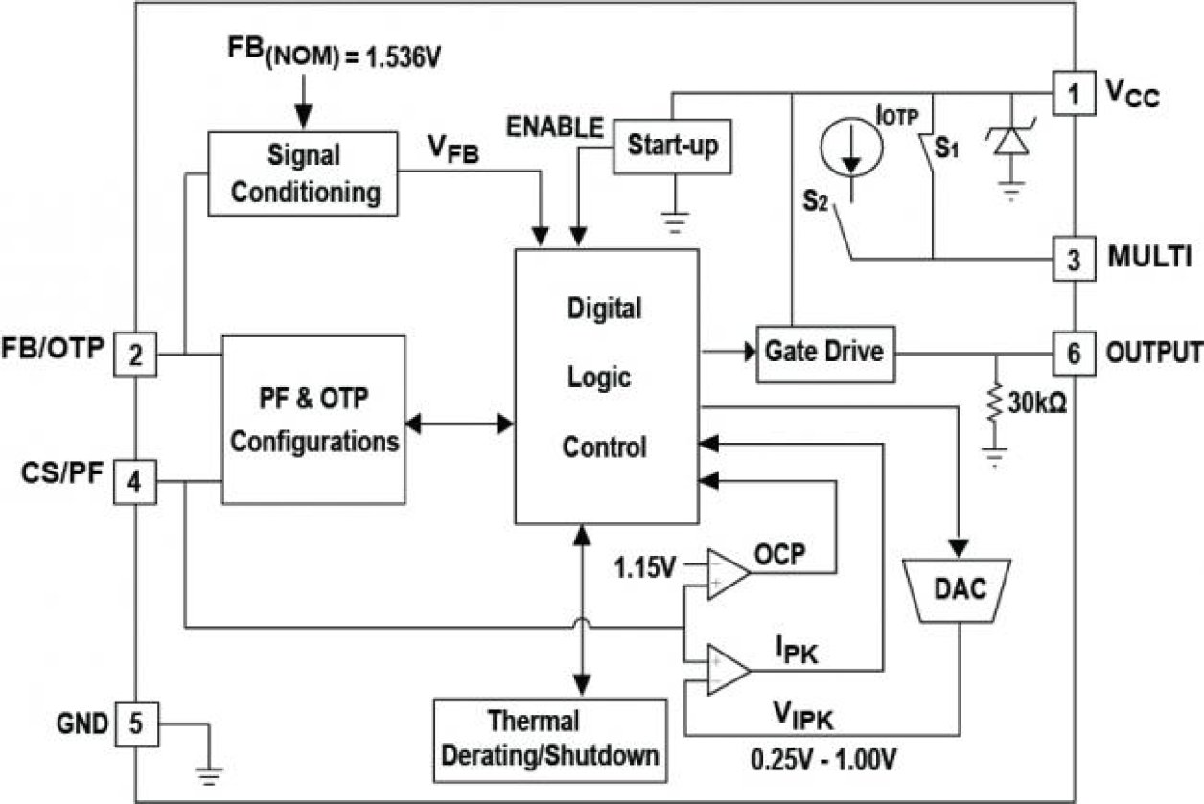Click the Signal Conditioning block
(x=302, y=173)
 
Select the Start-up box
(x=671, y=146)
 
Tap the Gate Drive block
(x=823, y=352)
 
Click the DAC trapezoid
(x=960, y=588)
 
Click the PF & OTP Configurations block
(x=314, y=420)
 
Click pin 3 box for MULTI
(x=1074, y=259)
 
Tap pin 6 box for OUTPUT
(x=1074, y=353)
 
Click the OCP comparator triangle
(x=728, y=574)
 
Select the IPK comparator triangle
(x=728, y=668)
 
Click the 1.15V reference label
(x=645, y=568)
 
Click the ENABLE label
(x=555, y=126)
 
